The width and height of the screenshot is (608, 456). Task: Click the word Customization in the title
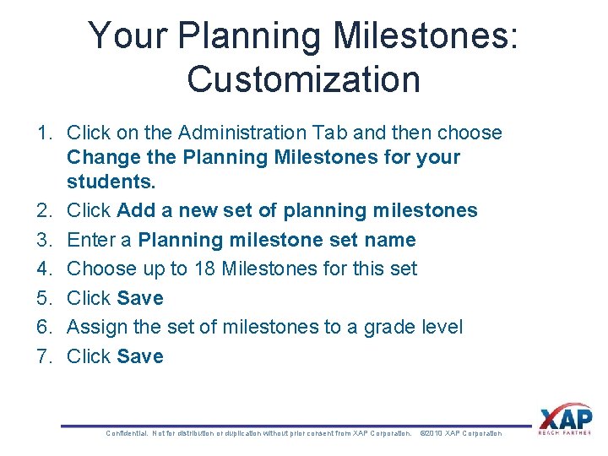click(x=303, y=79)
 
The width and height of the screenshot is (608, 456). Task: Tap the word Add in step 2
click(x=135, y=211)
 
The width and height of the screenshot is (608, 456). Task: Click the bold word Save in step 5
click(x=140, y=298)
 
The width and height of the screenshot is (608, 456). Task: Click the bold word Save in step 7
click(x=140, y=356)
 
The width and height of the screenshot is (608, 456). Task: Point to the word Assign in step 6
click(x=95, y=327)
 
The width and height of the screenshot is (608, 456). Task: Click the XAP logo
click(x=566, y=420)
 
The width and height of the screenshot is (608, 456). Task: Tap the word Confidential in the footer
click(x=127, y=433)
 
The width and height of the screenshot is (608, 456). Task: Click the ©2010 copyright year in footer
click(x=431, y=433)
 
